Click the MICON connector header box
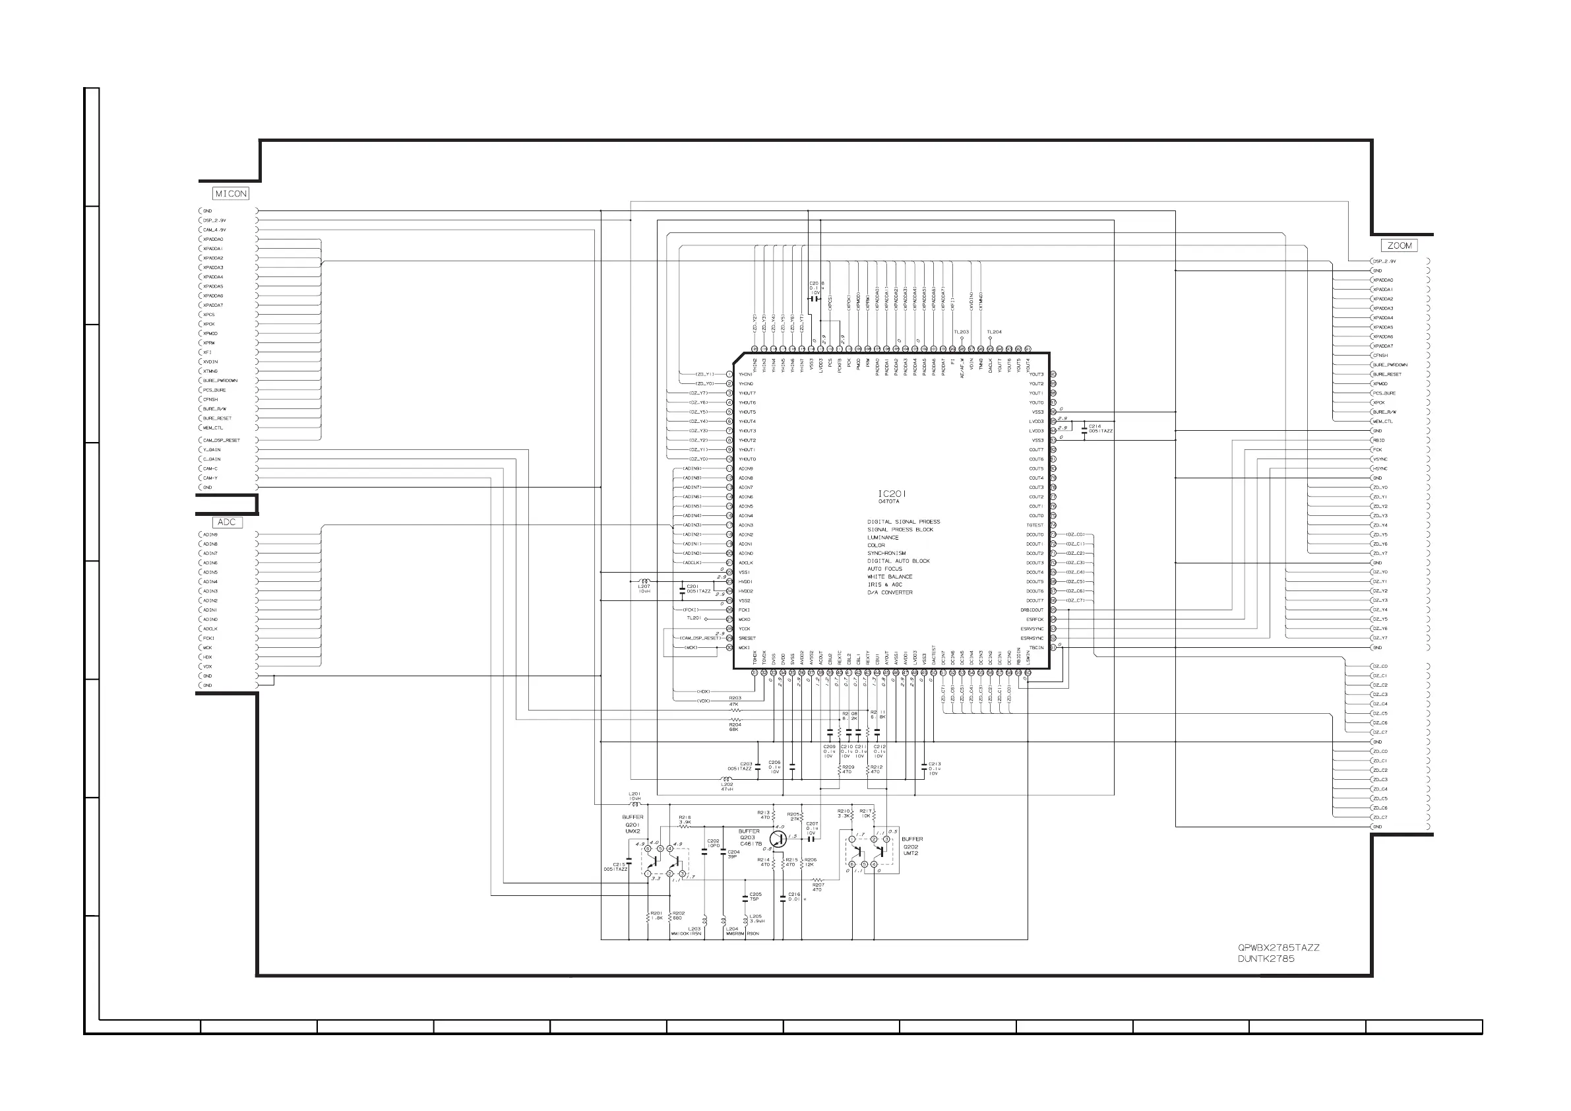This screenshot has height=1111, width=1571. [x=231, y=194]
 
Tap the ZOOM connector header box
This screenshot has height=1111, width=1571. [x=1399, y=245]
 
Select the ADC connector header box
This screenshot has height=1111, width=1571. [x=226, y=523]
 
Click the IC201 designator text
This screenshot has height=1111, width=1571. [x=892, y=493]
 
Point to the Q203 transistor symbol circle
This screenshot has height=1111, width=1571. [x=778, y=839]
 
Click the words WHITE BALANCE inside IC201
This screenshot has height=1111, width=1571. [x=890, y=577]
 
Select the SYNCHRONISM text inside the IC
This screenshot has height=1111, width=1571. [x=886, y=553]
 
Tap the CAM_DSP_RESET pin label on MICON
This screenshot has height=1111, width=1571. [x=222, y=440]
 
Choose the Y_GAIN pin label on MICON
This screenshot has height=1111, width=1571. [x=212, y=450]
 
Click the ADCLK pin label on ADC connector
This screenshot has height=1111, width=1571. [x=210, y=629]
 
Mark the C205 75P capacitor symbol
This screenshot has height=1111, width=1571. [x=745, y=897]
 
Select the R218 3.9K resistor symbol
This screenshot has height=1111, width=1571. [x=684, y=827]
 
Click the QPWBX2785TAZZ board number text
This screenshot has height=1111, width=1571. [x=1278, y=947]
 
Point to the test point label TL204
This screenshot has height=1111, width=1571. [x=993, y=332]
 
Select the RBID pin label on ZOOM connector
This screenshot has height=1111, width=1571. [x=1378, y=440]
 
